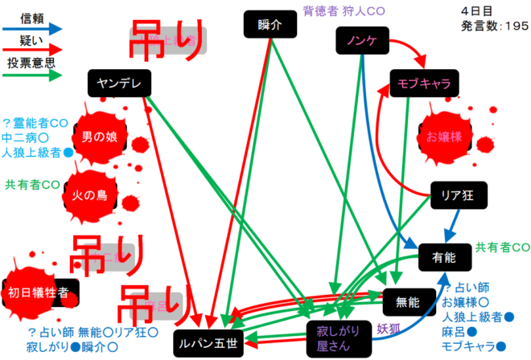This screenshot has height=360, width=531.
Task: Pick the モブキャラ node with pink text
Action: [423, 82]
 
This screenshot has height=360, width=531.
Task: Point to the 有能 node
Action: [443, 258]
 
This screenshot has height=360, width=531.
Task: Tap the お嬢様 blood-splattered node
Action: [443, 137]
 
